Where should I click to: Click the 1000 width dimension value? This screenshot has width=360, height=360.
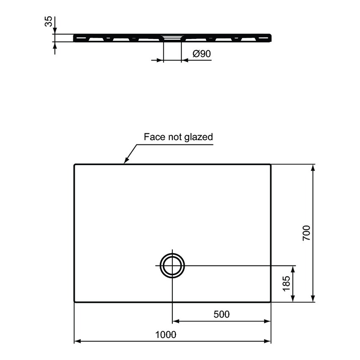166,334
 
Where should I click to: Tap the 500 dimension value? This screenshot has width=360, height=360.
222,314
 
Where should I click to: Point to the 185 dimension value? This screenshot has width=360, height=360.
286,284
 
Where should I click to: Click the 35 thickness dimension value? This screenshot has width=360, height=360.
49,22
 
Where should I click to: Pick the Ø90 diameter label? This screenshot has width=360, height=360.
202,54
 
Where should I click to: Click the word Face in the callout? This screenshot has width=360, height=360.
152,137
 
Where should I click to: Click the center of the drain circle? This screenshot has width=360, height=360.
172,266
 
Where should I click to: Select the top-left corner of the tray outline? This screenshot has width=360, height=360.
75,164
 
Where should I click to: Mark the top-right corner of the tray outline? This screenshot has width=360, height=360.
271,164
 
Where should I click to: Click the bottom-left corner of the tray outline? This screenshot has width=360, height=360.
75,302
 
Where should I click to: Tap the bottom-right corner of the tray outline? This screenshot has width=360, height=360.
271,302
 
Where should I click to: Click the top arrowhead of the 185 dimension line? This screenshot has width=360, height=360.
293,268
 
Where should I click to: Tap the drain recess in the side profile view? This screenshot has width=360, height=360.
172,36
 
